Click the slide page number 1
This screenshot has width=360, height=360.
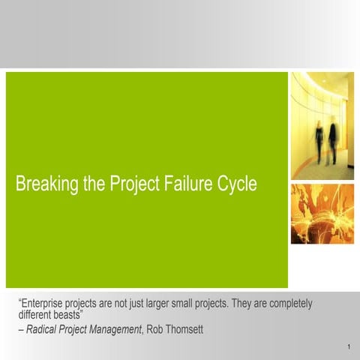click(x=349, y=347)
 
